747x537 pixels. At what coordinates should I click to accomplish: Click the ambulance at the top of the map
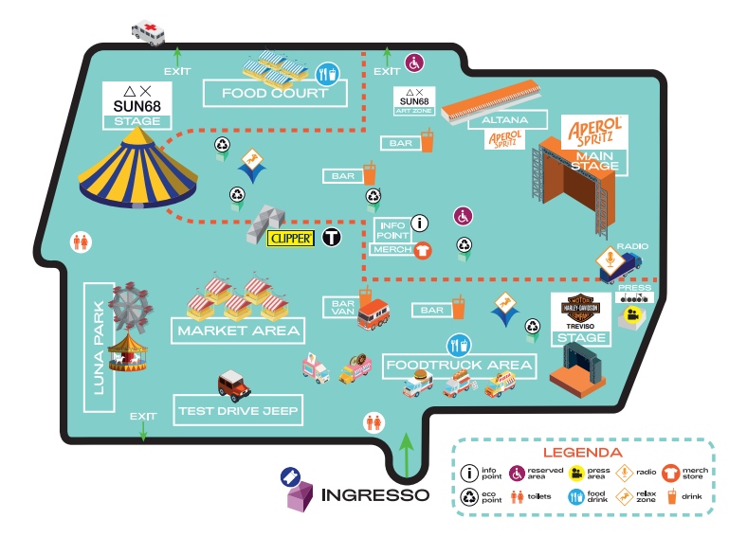click(x=148, y=30)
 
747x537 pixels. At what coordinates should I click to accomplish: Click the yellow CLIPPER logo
click(x=291, y=239)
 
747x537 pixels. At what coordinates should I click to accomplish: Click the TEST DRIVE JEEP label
click(x=239, y=412)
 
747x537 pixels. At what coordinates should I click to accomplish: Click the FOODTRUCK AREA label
click(x=459, y=365)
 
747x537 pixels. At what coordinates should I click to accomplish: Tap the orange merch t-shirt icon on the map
click(x=423, y=249)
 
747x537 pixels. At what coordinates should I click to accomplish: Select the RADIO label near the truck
click(x=632, y=246)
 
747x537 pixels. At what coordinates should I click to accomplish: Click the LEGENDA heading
click(x=582, y=454)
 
